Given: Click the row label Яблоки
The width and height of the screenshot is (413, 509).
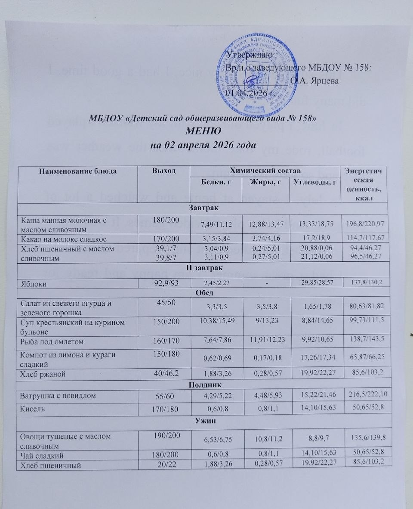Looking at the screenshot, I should coord(34,283).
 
